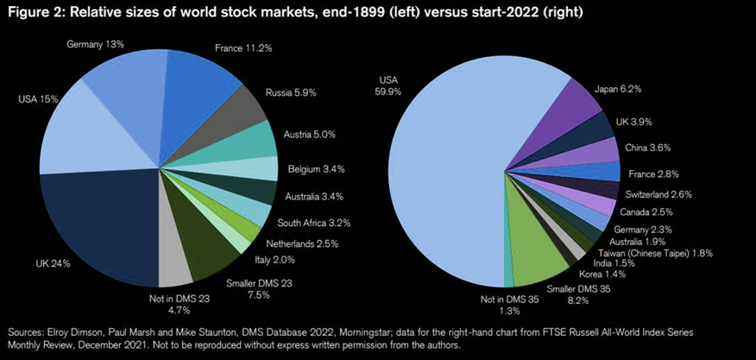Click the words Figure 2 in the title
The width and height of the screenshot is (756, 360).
tap(36, 12)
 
